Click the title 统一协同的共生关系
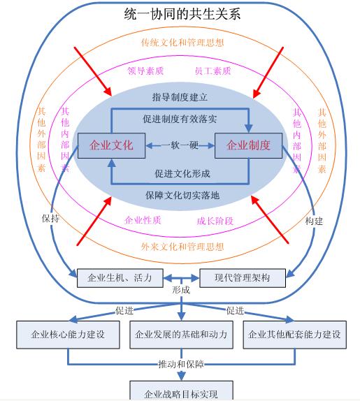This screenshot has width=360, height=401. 182,14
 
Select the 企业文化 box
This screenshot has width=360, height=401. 112,145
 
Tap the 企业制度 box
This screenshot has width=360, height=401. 248,145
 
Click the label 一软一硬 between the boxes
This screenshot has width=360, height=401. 180,145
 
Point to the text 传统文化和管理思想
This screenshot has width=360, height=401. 182,43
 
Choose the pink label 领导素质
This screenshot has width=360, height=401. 145,71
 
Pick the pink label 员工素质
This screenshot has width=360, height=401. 213,71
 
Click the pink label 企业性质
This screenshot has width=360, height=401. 143,220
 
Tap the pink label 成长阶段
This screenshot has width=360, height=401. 215,221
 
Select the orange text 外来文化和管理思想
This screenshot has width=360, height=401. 182,247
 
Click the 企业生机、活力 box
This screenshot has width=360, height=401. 120,278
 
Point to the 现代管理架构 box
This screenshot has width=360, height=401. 243,278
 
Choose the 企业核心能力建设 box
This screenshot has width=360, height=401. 68,335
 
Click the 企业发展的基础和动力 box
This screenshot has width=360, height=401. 182,335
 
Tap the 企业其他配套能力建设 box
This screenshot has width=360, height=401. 295,335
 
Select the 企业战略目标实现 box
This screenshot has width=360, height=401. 182,391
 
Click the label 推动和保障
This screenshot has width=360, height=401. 182,364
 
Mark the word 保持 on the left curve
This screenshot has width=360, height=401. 50,218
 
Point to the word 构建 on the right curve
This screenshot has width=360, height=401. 314,221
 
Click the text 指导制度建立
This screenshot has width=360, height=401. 180,97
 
